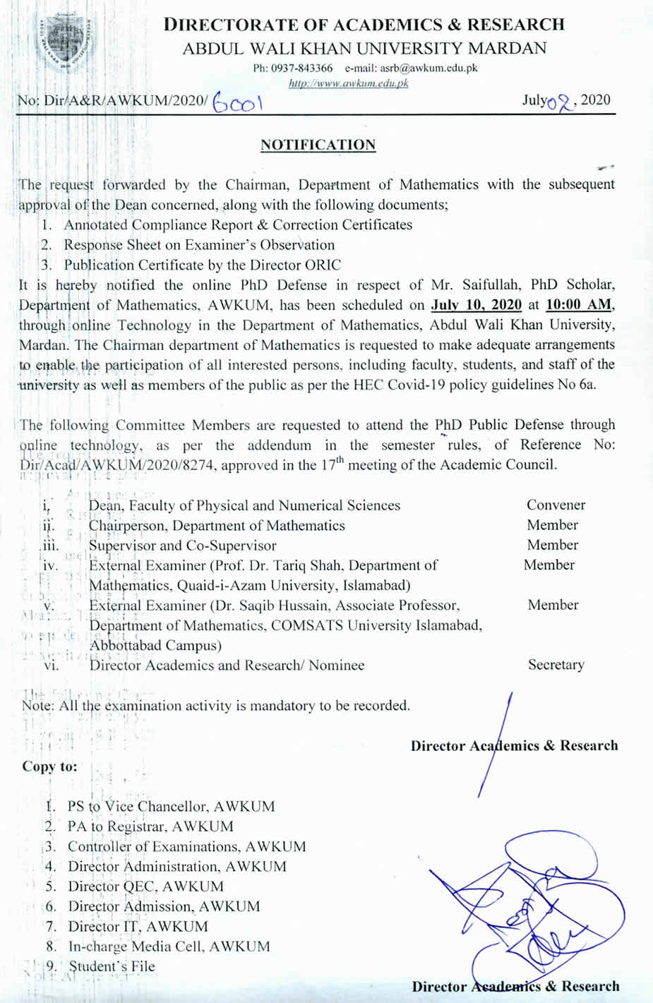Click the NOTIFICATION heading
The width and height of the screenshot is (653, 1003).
pyautogui.click(x=318, y=145)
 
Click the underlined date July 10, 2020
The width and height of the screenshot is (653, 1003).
pyautogui.click(x=477, y=305)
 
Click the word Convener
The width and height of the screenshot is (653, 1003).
pyautogui.click(x=556, y=505)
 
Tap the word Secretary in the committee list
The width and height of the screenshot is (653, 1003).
pyautogui.click(x=556, y=665)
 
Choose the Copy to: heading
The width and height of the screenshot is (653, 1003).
pyautogui.click(x=49, y=767)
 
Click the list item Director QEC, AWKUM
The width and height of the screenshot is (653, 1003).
pyautogui.click(x=145, y=887)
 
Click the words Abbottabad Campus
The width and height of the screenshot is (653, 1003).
pyautogui.click(x=155, y=645)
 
